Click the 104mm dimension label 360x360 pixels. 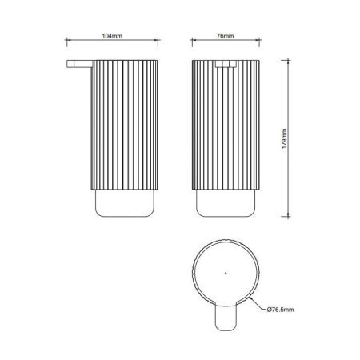(x=112, y=36)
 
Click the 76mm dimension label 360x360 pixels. (x=225, y=36)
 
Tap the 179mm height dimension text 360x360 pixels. (x=284, y=138)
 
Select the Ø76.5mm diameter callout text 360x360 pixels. (x=280, y=310)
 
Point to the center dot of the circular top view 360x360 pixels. (x=226, y=273)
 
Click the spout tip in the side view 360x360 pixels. (x=68, y=64)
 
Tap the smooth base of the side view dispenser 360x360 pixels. (x=125, y=203)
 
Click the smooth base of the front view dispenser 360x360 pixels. (x=226, y=203)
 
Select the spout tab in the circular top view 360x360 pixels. (x=226, y=318)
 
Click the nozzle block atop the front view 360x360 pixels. (x=226, y=64)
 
